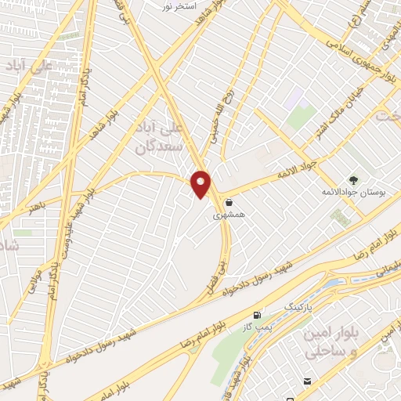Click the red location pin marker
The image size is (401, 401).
tap(201, 185)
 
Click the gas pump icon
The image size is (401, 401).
tap(258, 315)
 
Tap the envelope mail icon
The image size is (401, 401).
tap(306, 381)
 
